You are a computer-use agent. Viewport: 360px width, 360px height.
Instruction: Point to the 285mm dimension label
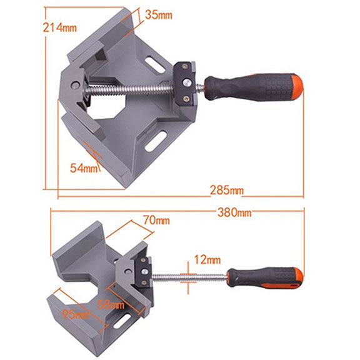click(x=227, y=189)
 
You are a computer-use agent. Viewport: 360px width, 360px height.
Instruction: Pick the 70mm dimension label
click(x=156, y=221)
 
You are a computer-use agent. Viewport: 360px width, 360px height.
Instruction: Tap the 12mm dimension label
click(x=206, y=259)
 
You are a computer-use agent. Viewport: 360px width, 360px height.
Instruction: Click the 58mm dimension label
click(x=111, y=305)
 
